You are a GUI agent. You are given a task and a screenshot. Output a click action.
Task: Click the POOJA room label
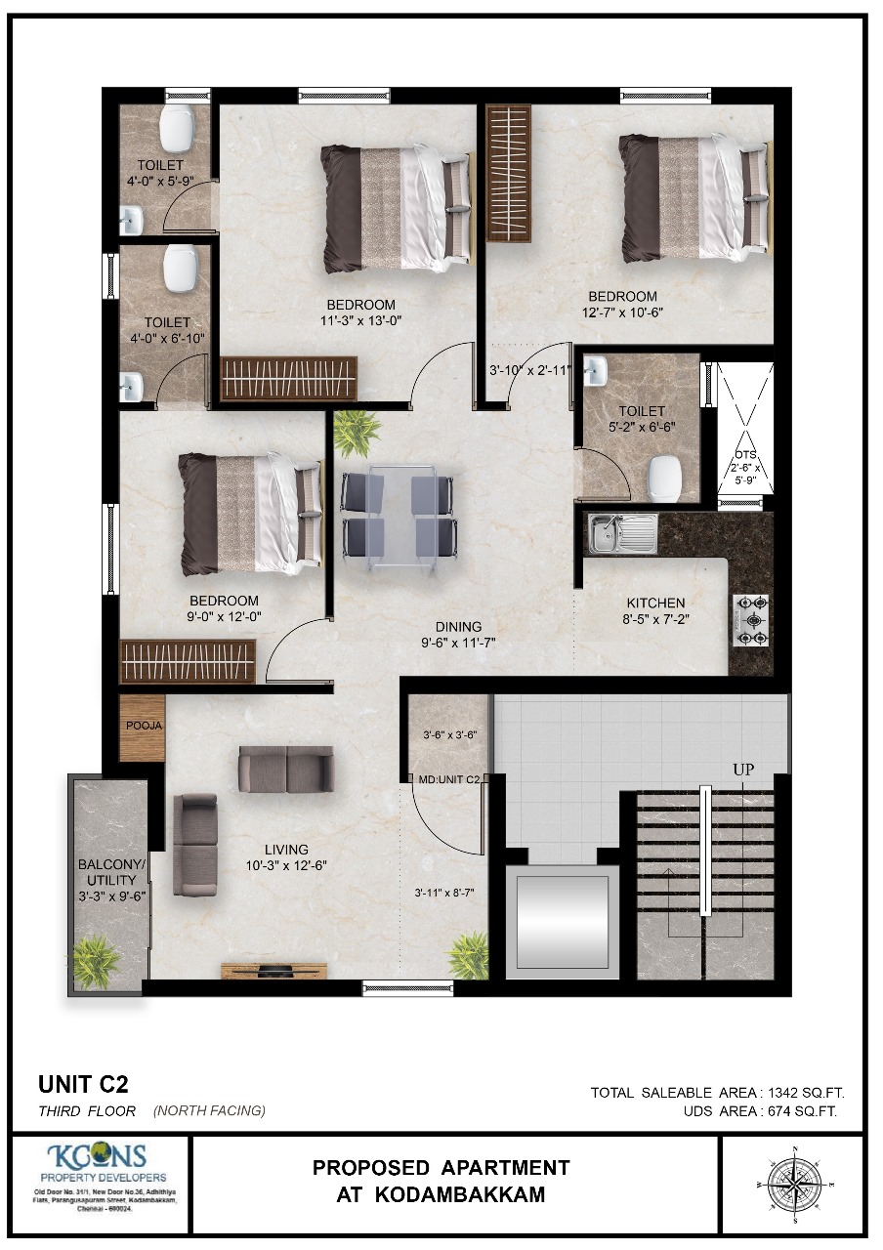(144, 726)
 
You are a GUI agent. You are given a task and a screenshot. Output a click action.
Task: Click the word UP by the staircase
(744, 770)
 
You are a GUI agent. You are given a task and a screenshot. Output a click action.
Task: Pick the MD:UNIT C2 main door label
(448, 779)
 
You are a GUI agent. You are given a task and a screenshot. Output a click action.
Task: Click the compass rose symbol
(794, 1184)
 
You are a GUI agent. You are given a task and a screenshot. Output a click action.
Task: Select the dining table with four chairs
(399, 516)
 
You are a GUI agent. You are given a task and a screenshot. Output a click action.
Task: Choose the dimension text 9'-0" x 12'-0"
(225, 616)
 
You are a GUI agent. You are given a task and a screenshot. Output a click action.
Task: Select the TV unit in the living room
(274, 970)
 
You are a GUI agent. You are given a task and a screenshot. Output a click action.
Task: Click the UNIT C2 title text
(83, 1083)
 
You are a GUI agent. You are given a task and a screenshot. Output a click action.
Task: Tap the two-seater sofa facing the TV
(286, 769)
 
